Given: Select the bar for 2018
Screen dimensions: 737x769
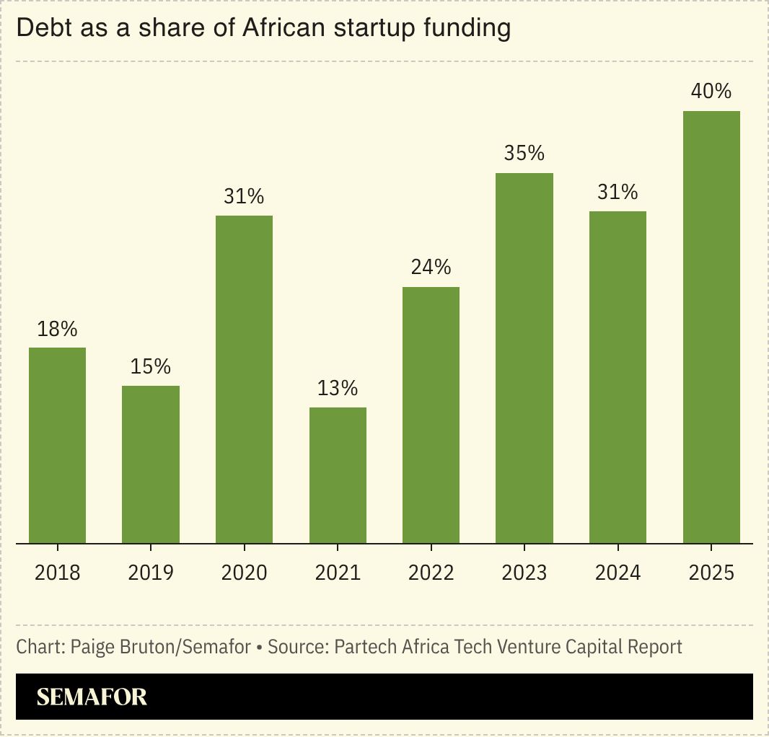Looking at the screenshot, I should [x=58, y=445].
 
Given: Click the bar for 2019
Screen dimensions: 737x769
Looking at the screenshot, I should [x=151, y=464].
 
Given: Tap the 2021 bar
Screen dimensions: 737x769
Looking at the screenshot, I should [x=338, y=475].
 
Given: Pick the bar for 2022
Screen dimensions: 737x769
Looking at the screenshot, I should [x=431, y=415].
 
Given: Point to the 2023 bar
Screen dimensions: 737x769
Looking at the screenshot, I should [x=524, y=358].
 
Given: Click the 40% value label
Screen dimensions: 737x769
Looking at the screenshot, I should [x=711, y=92].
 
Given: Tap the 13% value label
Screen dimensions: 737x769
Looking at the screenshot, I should [x=338, y=388].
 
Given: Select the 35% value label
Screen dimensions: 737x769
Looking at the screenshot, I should [x=524, y=154].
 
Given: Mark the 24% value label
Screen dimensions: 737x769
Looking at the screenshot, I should [x=431, y=268].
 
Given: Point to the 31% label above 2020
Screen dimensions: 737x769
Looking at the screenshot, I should [x=244, y=196].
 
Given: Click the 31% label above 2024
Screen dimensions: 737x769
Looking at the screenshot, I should [x=618, y=192].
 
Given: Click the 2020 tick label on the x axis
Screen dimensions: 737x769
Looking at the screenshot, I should [x=244, y=573].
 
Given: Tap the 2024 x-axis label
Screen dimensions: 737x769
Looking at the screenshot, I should [x=618, y=573].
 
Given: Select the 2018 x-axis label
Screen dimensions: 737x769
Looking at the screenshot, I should [x=58, y=573].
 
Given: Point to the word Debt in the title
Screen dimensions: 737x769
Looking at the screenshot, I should [x=38, y=29].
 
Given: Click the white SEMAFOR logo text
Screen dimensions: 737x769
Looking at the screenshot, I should [x=92, y=697].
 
